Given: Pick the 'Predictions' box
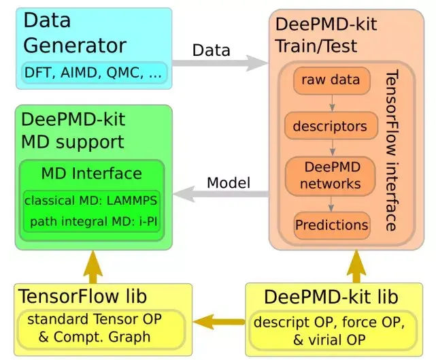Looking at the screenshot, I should point(331,224).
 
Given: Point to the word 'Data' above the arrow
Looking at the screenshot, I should point(212,50).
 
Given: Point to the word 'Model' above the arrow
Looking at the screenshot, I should point(229,182).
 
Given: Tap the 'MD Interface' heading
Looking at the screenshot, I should point(91,174).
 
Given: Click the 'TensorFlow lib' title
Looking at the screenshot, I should point(83,297).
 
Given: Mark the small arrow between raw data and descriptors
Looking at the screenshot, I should point(331,103).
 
